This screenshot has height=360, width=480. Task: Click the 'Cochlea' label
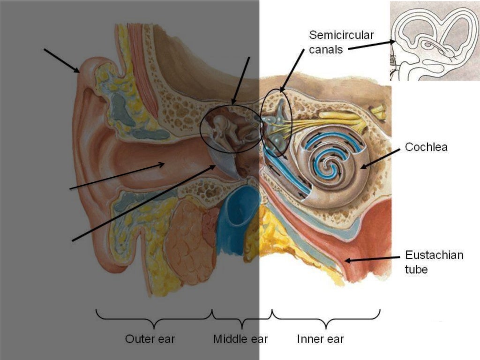coord(426,147)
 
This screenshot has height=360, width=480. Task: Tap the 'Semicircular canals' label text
coord(341,42)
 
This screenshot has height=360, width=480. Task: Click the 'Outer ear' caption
coord(150,339)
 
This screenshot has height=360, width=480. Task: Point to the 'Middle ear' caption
coord(240,339)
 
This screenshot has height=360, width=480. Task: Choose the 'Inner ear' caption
coord(321,339)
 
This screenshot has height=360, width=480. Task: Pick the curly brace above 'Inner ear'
coord(326,319)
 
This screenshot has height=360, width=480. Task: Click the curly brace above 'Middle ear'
coord(242,319)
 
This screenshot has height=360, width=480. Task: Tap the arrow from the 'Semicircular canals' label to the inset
coord(371,45)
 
